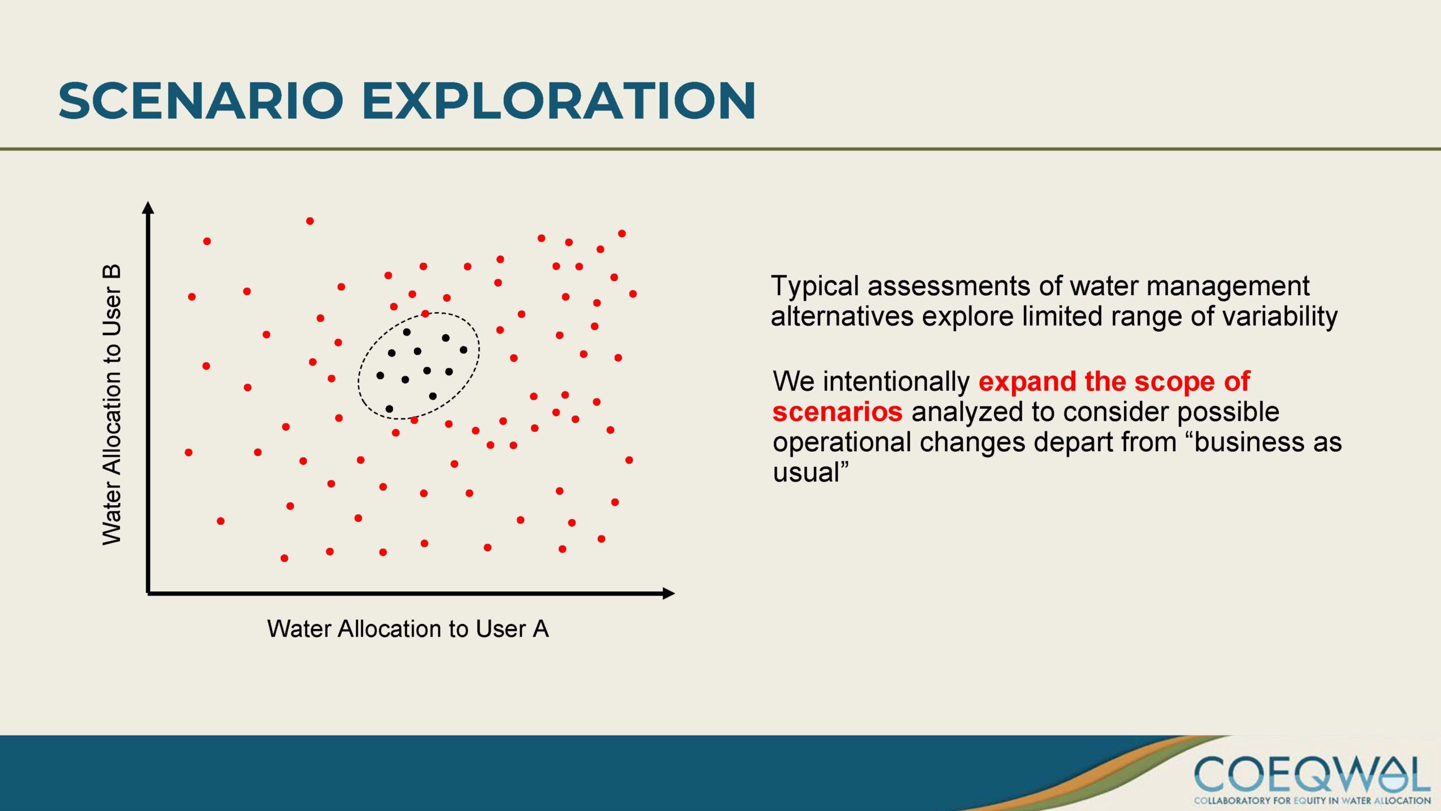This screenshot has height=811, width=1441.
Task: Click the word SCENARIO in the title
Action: (201, 101)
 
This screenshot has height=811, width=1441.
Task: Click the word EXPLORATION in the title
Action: (559, 101)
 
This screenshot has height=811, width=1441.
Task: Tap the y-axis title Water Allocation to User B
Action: (112, 404)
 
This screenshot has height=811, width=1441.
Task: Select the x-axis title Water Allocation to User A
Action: (408, 629)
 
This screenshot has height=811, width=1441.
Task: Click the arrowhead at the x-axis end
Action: (669, 593)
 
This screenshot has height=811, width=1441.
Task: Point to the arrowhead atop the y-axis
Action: (148, 207)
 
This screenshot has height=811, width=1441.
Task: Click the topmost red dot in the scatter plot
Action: (310, 221)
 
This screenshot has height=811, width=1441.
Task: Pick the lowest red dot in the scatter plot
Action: (284, 558)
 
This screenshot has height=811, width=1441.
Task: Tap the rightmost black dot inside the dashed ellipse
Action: (463, 350)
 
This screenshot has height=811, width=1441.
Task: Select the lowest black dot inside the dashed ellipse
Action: (389, 409)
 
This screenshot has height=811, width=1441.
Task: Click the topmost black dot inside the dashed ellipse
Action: (406, 332)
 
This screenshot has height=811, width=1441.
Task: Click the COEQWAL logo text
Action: (1312, 775)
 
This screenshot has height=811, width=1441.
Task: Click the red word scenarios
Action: (838, 412)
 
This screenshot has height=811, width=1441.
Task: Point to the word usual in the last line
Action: (806, 472)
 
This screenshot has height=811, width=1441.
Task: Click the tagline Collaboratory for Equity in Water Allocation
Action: (1312, 800)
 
